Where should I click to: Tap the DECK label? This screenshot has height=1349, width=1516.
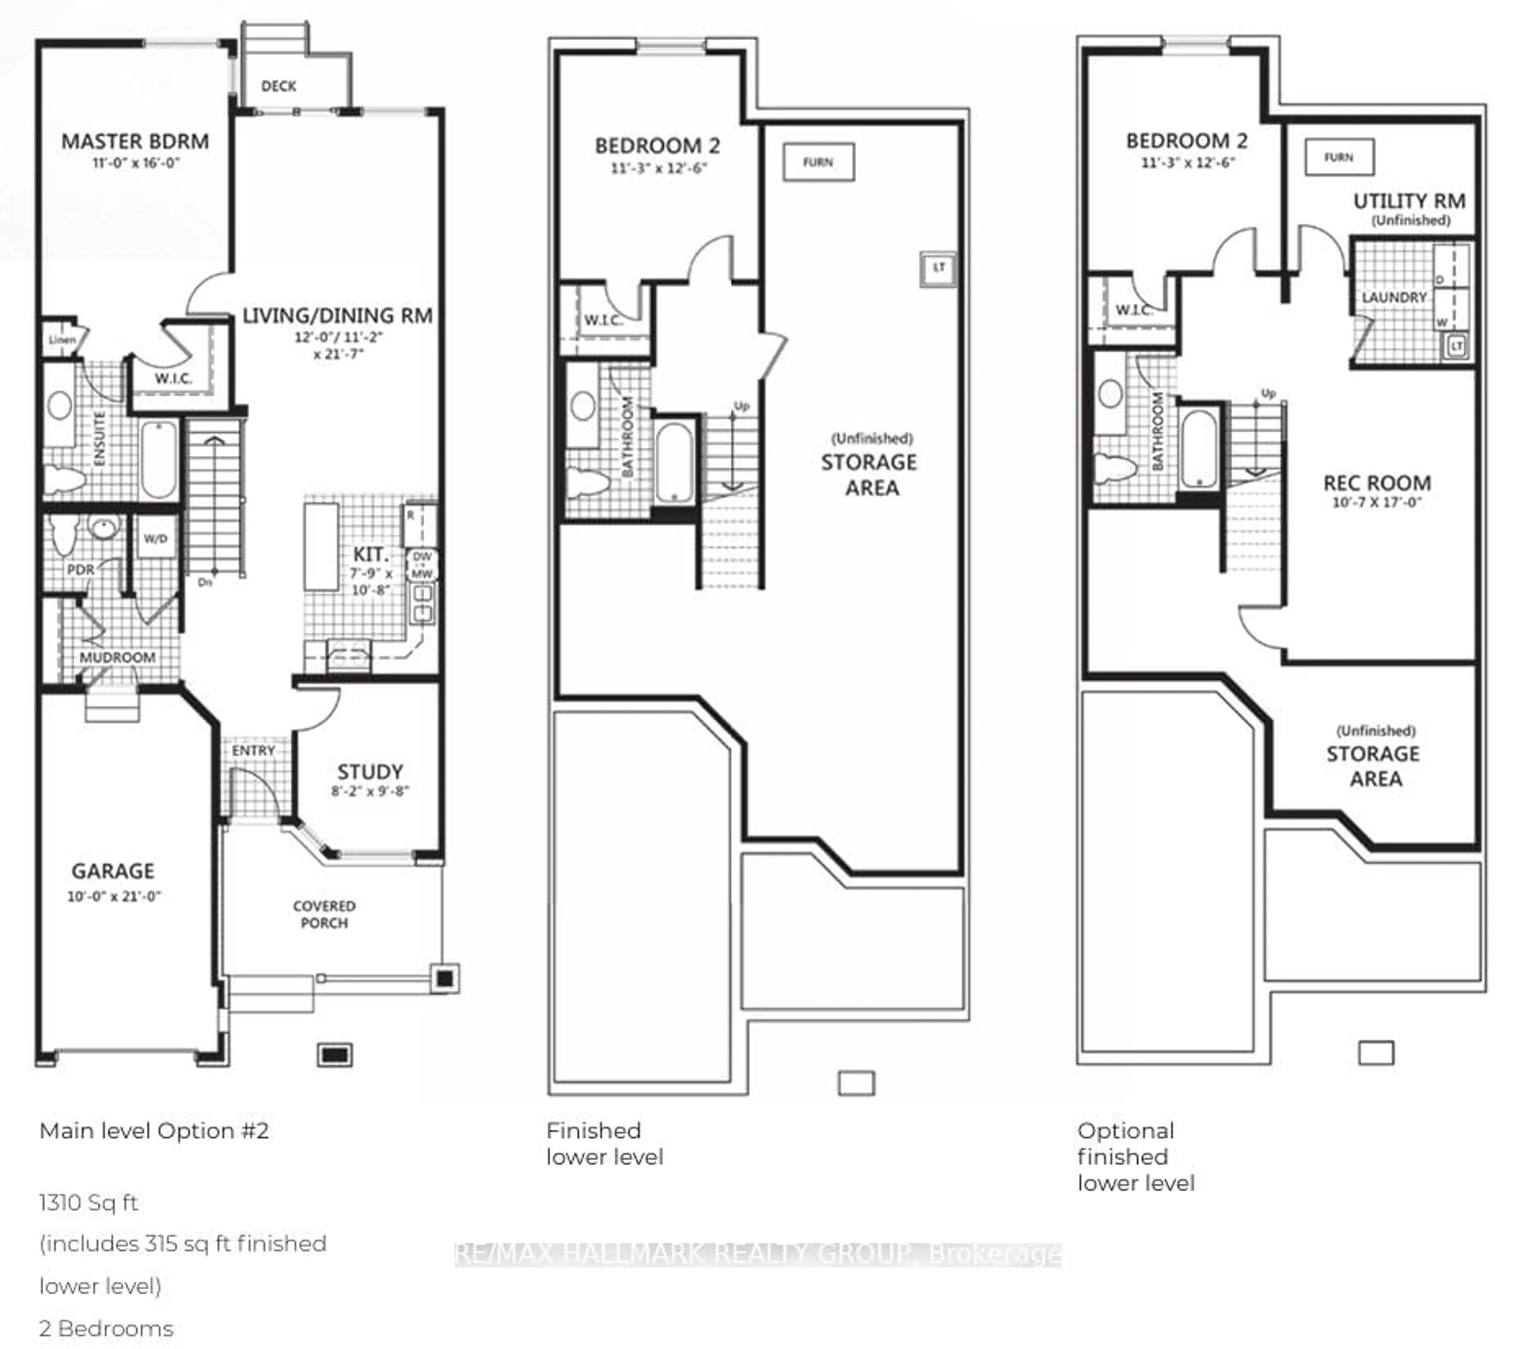278,86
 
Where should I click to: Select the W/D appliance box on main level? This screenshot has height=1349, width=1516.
155,538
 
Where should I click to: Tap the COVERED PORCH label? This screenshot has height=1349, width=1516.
324,914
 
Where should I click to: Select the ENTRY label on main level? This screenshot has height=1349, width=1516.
253,750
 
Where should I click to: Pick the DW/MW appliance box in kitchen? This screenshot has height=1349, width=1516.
422,565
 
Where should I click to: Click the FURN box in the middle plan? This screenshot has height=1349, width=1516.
818,162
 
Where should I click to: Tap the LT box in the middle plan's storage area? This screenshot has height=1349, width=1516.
938,268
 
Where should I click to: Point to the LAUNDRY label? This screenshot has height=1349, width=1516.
1394,297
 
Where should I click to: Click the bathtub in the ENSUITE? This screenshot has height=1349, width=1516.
159,460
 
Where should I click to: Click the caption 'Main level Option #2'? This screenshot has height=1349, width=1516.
154,1131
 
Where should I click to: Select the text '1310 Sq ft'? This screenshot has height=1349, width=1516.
88,1202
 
